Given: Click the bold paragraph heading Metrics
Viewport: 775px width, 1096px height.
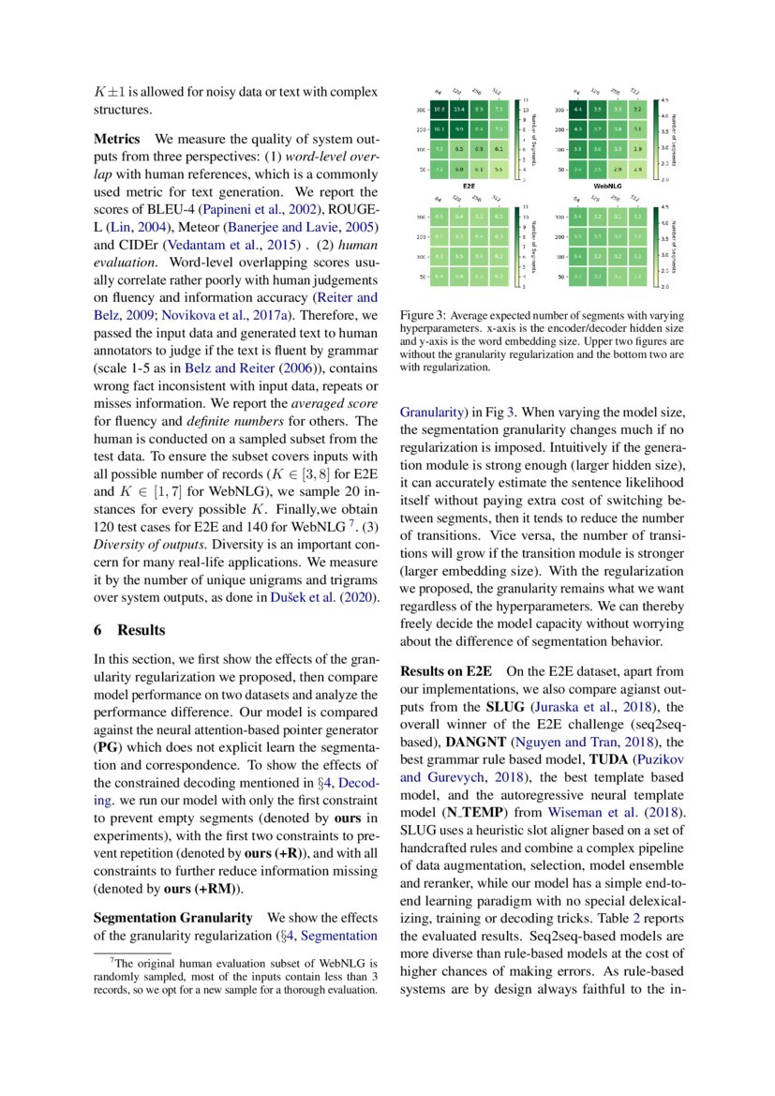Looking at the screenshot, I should pyautogui.click(x=117, y=139).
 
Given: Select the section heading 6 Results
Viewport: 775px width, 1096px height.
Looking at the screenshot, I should pyautogui.click(x=130, y=629).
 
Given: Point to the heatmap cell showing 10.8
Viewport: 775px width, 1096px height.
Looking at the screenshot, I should pyautogui.click(x=440, y=110).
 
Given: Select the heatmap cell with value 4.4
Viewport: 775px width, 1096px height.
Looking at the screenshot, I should pyautogui.click(x=577, y=110).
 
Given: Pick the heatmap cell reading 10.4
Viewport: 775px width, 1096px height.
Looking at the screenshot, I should pyautogui.click(x=459, y=110).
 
